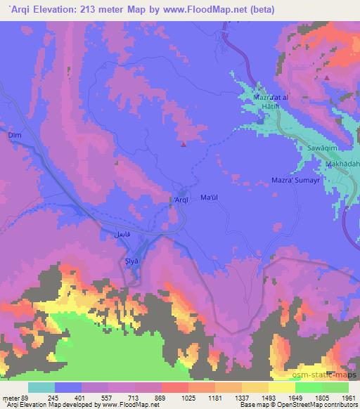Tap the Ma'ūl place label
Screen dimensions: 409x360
[210, 197]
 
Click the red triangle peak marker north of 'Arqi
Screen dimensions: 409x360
[184, 145]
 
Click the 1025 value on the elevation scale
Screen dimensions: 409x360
[174, 397]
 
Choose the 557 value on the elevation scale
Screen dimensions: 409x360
[94, 397]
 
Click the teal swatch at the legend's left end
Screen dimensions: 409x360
[41, 387]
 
